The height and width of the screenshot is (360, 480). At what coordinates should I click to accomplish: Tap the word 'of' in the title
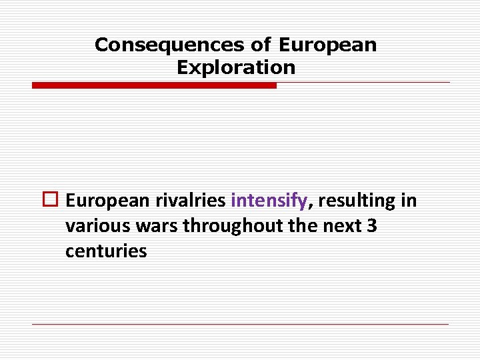[x=261, y=45]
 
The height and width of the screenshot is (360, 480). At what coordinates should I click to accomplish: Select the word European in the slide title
[x=327, y=45]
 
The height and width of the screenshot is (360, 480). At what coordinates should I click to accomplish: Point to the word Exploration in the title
[x=236, y=67]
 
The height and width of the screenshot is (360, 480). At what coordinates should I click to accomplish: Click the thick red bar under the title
[x=154, y=85]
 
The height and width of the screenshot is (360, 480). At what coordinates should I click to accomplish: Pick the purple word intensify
[x=269, y=201]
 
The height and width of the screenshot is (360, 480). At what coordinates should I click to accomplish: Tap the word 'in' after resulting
[x=409, y=201]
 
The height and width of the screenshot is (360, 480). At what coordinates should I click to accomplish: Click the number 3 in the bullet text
[x=372, y=227]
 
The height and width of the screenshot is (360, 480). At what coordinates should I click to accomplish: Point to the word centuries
[x=106, y=251]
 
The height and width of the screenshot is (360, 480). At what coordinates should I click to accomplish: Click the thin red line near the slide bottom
[x=240, y=324]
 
